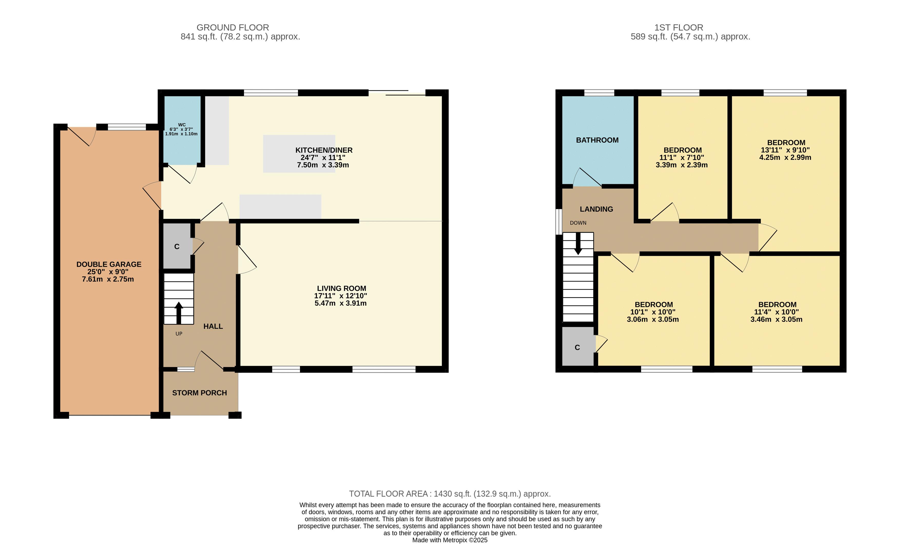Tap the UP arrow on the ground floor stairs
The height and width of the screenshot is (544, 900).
pos(179,313)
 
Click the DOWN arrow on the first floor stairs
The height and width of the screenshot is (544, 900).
pos(578,243)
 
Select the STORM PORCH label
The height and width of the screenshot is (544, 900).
pos(199,393)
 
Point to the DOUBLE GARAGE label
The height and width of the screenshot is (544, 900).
pos(109,264)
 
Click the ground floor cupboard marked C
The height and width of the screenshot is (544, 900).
pos(177,247)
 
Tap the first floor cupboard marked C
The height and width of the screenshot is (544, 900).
pos(577,347)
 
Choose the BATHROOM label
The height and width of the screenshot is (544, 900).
pos(597,140)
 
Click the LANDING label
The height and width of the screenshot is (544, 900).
pos(596,209)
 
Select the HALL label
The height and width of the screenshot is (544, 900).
pos(213,327)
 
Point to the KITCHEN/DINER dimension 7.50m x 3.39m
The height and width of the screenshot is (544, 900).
pos(323,165)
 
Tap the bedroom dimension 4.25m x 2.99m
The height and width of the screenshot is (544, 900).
pos(785,157)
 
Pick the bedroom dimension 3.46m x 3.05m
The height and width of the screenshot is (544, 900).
pos(777,320)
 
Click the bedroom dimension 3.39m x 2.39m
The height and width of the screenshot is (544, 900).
pos(682,165)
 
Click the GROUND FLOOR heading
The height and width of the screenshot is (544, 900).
pos(233,27)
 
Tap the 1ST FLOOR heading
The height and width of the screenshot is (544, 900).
pos(679,27)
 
